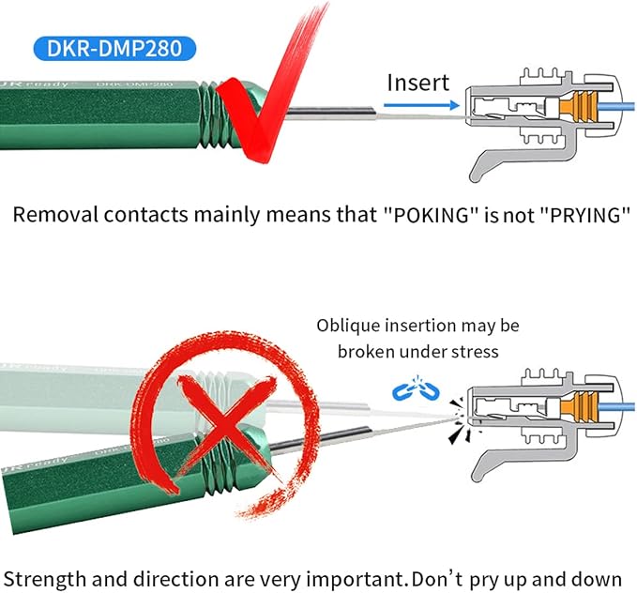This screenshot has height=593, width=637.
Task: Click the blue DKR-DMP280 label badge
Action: pos(114,49)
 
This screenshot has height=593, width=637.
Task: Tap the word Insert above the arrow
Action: pos(418,83)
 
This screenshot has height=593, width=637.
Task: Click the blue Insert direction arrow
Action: pos(421,106)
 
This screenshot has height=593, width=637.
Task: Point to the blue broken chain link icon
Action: pos(416,389)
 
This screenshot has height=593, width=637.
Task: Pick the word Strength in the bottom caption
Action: pos(45,580)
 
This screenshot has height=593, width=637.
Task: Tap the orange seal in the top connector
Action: pos(578,107)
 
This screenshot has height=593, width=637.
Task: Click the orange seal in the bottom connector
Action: pos(578,407)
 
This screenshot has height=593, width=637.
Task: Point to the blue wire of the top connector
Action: pos(615,107)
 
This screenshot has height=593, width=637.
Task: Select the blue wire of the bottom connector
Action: pos(615,407)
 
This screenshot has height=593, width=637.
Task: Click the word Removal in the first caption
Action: pos(55,214)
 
